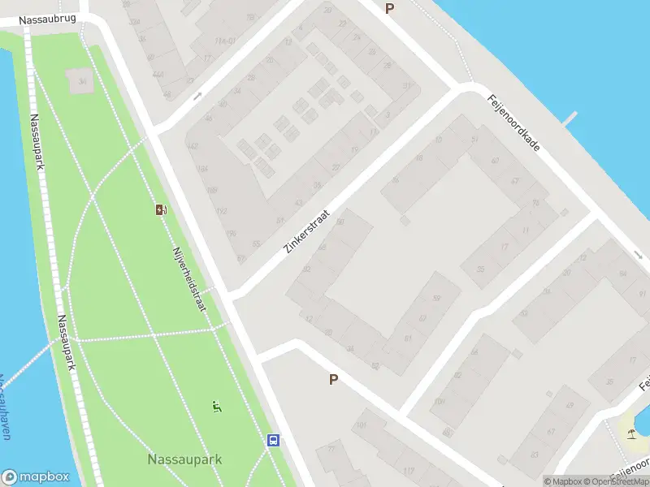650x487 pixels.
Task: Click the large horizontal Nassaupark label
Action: point(184,459)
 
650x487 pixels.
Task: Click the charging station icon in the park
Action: point(162,210)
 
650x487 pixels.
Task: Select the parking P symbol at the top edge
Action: point(389,8)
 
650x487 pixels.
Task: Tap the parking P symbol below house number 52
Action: point(333,379)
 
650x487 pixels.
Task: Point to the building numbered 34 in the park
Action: point(81,81)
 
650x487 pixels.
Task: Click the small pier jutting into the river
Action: point(571,119)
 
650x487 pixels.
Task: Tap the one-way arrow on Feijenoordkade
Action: point(639,256)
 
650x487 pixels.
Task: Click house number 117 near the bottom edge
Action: point(408,472)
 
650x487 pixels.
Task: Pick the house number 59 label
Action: point(436,300)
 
